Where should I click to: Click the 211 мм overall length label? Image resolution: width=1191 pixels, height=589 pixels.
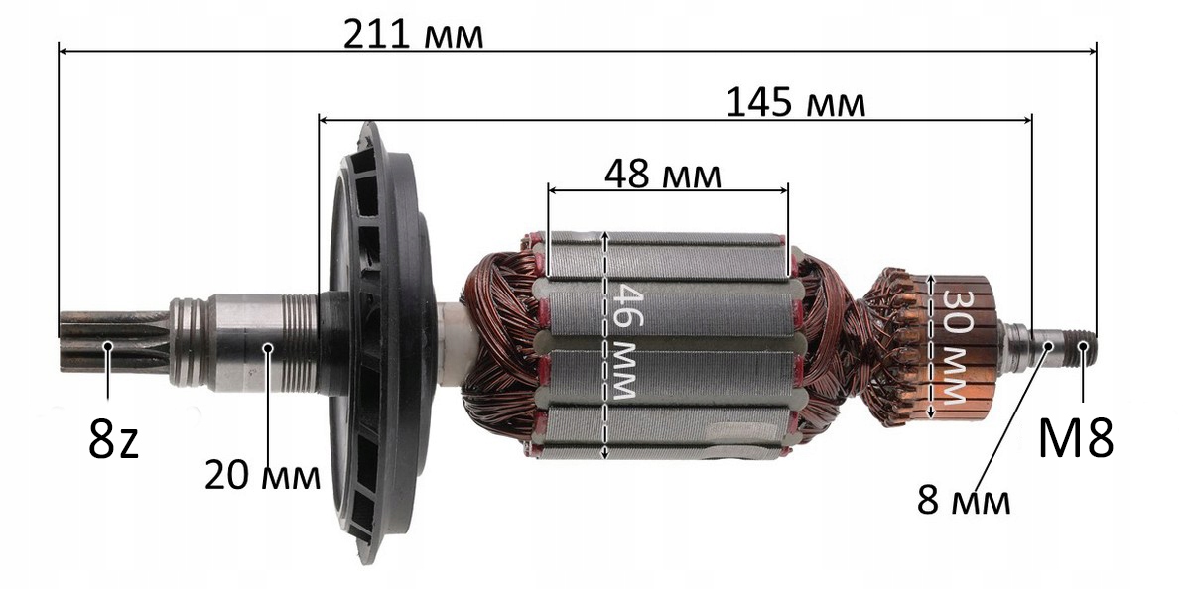(x=413, y=35)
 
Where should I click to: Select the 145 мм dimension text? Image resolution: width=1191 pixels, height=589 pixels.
(x=795, y=103)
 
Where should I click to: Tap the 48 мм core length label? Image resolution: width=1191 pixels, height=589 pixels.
(x=663, y=175)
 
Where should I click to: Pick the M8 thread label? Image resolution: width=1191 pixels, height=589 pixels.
(x=1076, y=438)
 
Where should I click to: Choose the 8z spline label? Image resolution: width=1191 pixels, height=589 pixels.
(x=113, y=438)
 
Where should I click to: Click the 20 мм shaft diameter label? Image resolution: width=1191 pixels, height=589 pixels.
(x=262, y=475)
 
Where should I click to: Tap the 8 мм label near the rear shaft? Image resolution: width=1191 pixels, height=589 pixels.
(x=964, y=500)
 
